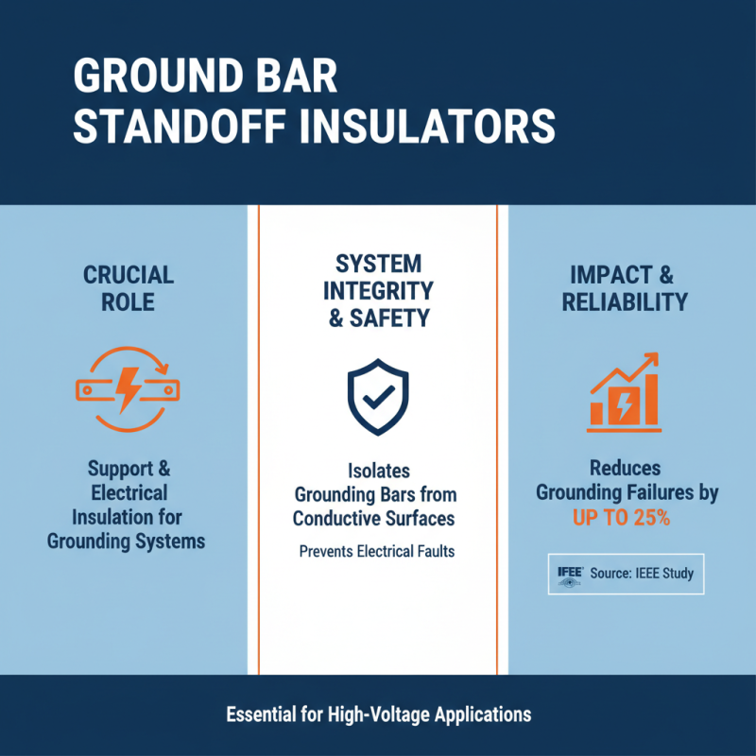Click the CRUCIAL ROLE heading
pyautogui.click(x=129, y=288)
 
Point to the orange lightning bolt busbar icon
pyautogui.click(x=128, y=384)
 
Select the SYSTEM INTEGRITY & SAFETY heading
pyautogui.click(x=378, y=290)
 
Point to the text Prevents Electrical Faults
pyautogui.click(x=377, y=551)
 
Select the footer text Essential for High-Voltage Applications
pyautogui.click(x=378, y=714)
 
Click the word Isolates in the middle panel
pyautogui.click(x=377, y=470)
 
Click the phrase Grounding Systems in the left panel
pyautogui.click(x=128, y=541)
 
